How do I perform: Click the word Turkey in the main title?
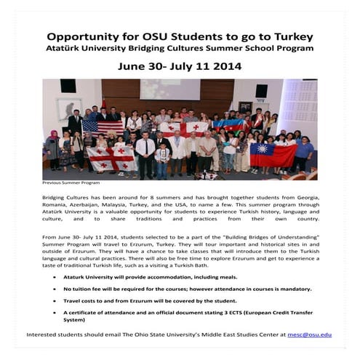point(289,36)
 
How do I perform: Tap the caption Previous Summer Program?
point(71,183)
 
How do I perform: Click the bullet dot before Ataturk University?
point(57,277)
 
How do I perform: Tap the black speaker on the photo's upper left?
point(68,87)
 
